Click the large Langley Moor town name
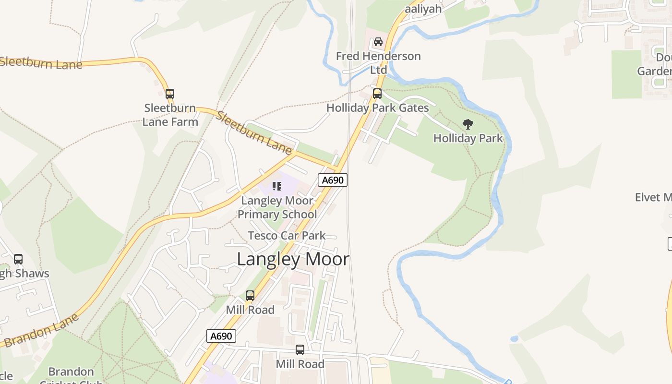[x=293, y=259]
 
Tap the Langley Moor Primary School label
[x=277, y=207]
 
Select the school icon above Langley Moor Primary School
[x=277, y=186]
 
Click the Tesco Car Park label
[x=287, y=236]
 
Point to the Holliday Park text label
[x=468, y=138]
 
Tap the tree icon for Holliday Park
[x=468, y=125]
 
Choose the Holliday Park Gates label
[x=377, y=108]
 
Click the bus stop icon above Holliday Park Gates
[x=377, y=94]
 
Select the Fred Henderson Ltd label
[x=378, y=63]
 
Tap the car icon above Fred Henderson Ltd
[x=378, y=42]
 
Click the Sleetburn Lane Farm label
[x=170, y=115]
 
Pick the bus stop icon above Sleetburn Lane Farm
[x=170, y=94]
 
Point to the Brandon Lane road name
[x=41, y=330]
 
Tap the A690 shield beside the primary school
[x=332, y=180]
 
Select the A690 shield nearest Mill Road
[x=221, y=336]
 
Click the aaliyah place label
[x=423, y=9]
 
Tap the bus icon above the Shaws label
[x=18, y=259]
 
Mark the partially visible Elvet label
[x=653, y=197]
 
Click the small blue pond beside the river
[x=514, y=339]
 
